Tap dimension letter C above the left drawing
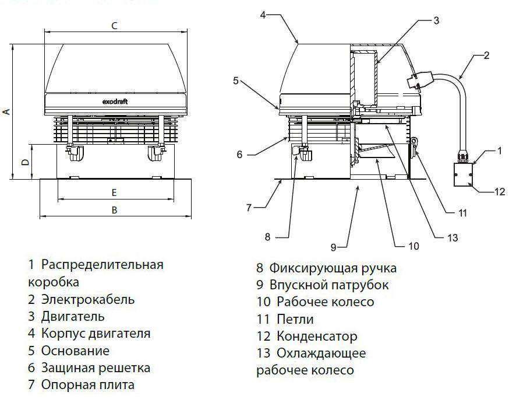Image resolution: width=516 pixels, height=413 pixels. tap(115, 26)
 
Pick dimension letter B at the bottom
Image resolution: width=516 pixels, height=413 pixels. tap(115, 210)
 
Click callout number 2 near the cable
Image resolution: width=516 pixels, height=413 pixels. tap(486, 56)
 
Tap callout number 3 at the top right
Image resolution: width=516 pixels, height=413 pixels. tap(436, 21)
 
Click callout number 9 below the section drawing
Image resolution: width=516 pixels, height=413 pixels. tap(334, 247)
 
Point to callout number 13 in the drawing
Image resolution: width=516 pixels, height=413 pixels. tap(452, 237)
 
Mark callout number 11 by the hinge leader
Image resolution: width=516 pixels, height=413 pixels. tap(462, 213)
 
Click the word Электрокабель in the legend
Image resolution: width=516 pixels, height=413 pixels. tap(88, 300)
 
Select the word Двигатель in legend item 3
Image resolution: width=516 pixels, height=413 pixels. tap(73, 317)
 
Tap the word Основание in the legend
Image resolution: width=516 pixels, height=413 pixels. tap(75, 351)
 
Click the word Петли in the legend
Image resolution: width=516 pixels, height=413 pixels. tap(295, 320)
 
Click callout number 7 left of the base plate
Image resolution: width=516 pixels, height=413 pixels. tap(249, 206)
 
